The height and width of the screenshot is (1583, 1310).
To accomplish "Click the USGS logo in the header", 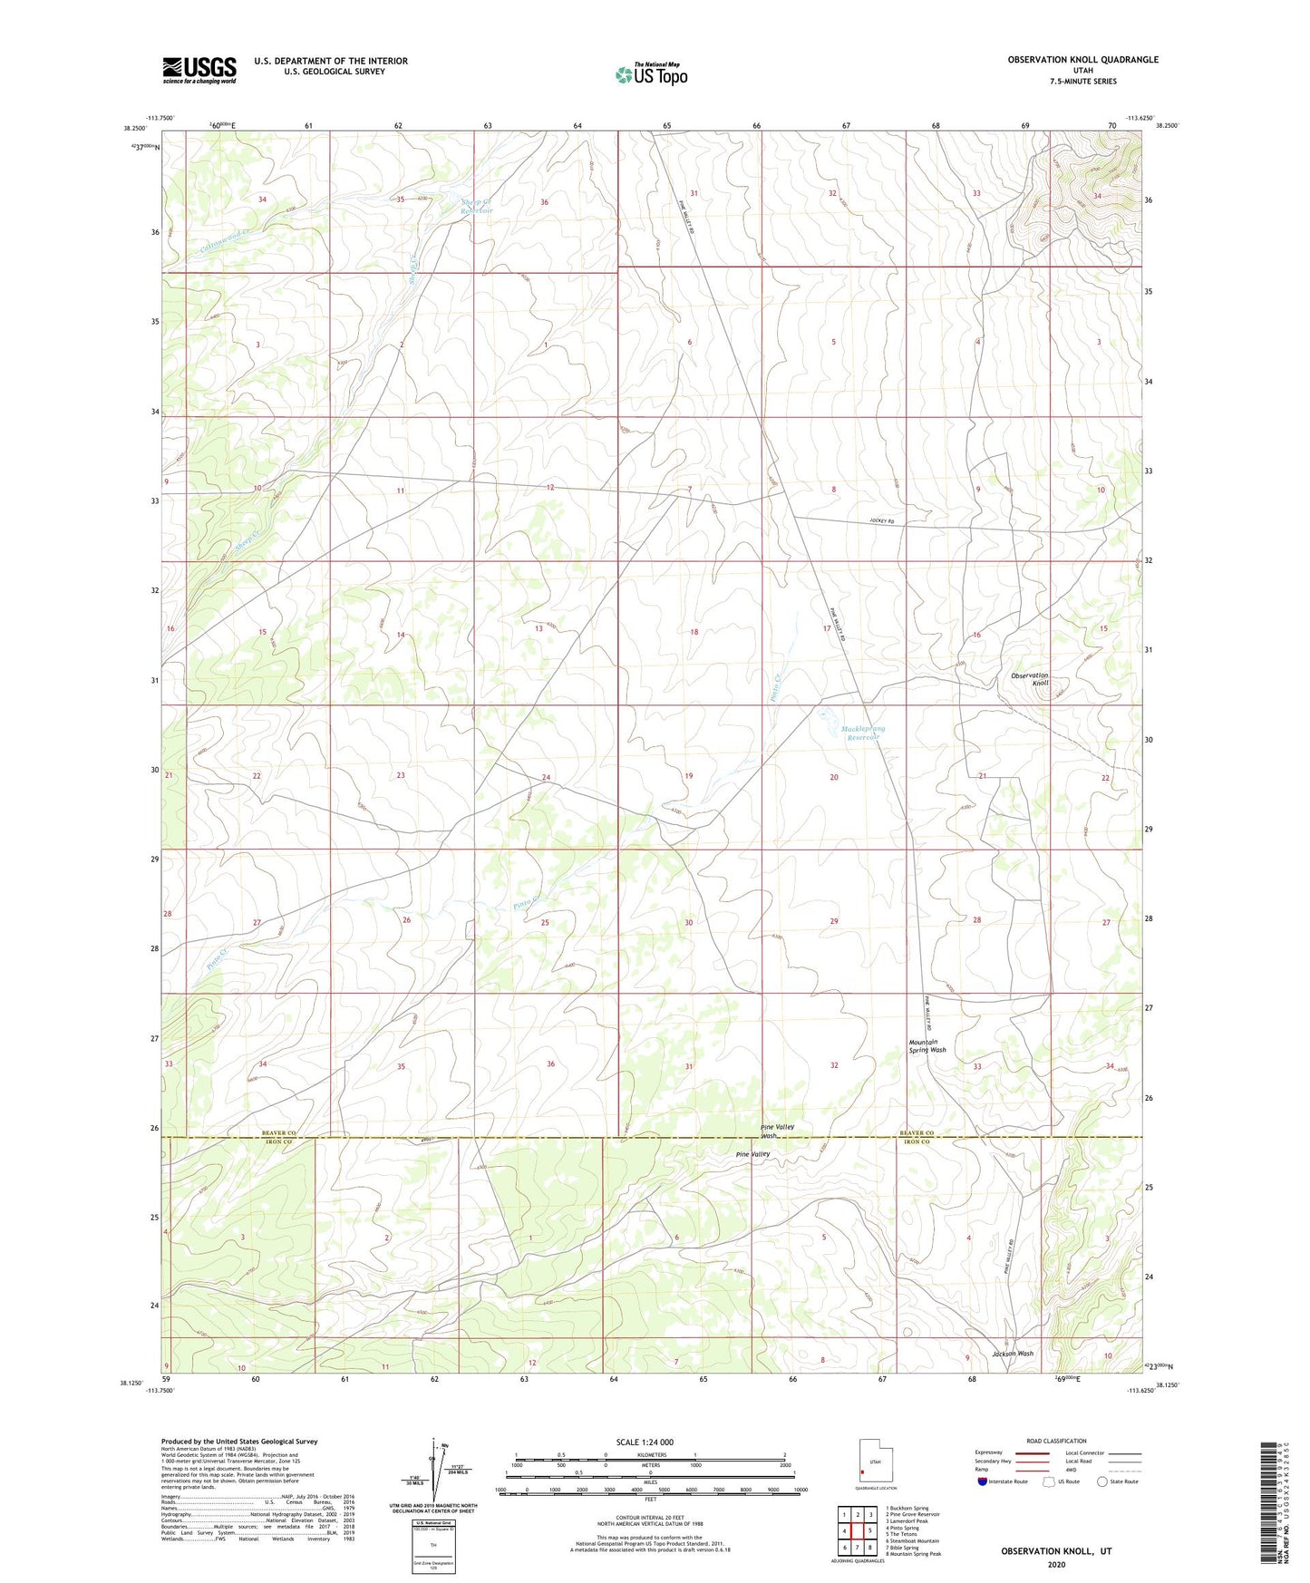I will (199, 70).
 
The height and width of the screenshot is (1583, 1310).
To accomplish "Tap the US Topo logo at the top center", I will (651, 74).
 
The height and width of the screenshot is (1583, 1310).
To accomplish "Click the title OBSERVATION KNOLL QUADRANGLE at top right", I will (1082, 60).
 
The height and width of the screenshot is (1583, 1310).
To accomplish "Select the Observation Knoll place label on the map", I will (1030, 679).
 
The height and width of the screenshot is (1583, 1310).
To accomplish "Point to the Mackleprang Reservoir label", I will (862, 733).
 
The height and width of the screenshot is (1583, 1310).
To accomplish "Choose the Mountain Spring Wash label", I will (927, 1046).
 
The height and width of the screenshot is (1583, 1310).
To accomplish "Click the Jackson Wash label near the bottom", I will (1012, 1354).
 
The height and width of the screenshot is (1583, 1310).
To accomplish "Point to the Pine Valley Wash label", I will (777, 1131).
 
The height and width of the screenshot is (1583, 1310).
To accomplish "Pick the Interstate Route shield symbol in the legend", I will (984, 1481).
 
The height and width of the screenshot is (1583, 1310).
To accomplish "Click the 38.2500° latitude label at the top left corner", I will (138, 128).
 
